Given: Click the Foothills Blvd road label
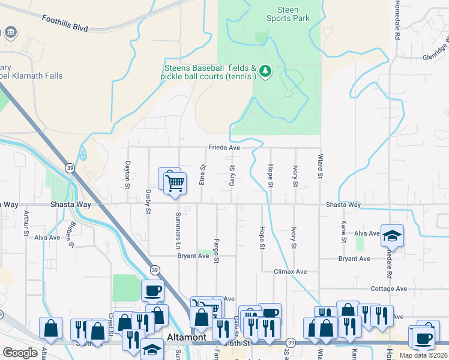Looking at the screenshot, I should point(65,23).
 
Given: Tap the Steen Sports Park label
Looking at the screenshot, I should point(288,14).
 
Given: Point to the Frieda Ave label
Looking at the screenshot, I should point(224,148).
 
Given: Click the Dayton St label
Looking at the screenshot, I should point(128,174).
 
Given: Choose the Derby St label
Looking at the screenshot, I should point(148,203).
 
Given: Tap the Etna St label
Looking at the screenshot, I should point(203,175).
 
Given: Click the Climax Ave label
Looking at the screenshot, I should point(290,271).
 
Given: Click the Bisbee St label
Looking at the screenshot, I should point(71,235).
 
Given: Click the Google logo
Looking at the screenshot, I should point(20,352).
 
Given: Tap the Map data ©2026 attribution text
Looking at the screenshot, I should point(423,355).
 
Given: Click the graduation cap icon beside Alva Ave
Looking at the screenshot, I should point(393,235).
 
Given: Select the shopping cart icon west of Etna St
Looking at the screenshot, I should point(175,182).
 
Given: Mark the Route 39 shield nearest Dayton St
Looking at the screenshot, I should point(70,167).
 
